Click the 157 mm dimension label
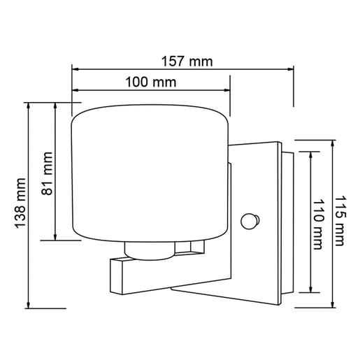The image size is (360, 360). (187, 61)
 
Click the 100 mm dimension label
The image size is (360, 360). (150, 82)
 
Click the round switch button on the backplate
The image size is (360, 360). (247, 222)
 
